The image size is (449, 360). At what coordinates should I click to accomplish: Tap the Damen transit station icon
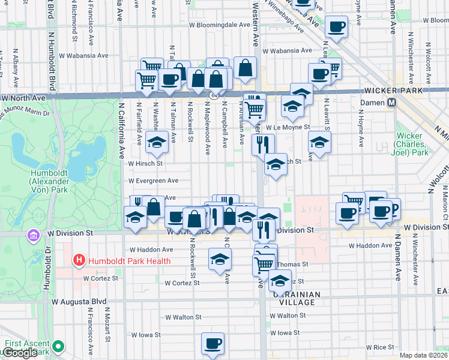391,103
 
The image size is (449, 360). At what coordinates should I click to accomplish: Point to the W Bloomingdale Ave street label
218,26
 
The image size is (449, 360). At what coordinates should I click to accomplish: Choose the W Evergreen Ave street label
153,180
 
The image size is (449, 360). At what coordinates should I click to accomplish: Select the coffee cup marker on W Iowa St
212,343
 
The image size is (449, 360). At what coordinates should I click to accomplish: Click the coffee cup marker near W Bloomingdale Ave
337,27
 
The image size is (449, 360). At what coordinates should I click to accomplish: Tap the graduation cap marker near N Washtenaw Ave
157,142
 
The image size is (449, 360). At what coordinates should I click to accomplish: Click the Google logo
19,353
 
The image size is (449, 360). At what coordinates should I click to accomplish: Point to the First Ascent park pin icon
58,346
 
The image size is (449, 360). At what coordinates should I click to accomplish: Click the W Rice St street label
387,347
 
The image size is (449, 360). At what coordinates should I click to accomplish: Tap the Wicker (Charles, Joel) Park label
411,145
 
